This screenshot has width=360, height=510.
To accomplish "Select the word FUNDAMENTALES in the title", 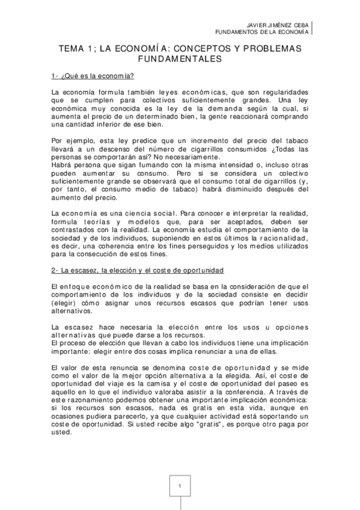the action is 180,60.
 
